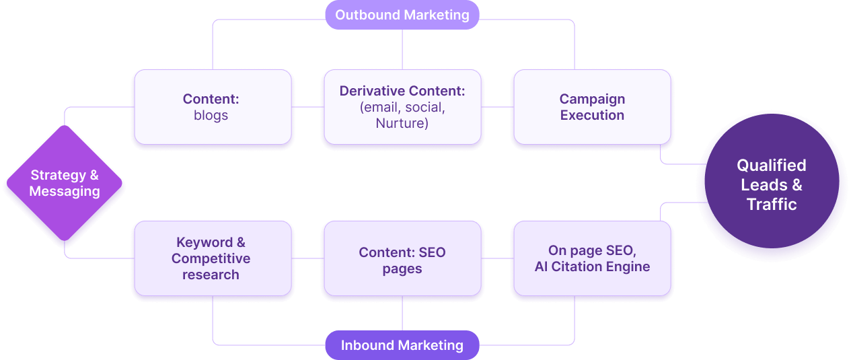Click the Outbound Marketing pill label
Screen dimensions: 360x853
[x=402, y=15]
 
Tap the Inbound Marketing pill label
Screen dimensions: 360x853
[x=402, y=345]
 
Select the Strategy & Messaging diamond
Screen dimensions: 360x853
[x=65, y=183]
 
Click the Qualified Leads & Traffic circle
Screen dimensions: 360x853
[x=771, y=184]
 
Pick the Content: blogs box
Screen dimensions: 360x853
[x=213, y=107]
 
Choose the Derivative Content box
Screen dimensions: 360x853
[x=402, y=107]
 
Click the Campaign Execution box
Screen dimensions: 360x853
[x=592, y=107]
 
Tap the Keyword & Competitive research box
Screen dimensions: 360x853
[x=213, y=258]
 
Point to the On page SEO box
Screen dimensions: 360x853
[x=592, y=258]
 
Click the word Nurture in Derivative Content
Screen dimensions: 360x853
[x=402, y=123]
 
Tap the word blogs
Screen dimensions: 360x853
[x=211, y=115]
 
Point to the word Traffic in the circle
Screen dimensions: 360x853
[x=771, y=204]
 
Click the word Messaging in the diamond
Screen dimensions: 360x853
[x=65, y=191]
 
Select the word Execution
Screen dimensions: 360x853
[x=592, y=115]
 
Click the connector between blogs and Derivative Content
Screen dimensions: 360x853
[x=307, y=106]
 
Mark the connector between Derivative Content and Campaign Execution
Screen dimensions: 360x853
[x=497, y=106]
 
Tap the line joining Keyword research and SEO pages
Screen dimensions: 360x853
[x=307, y=258]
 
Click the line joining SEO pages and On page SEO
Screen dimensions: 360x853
[x=497, y=258]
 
